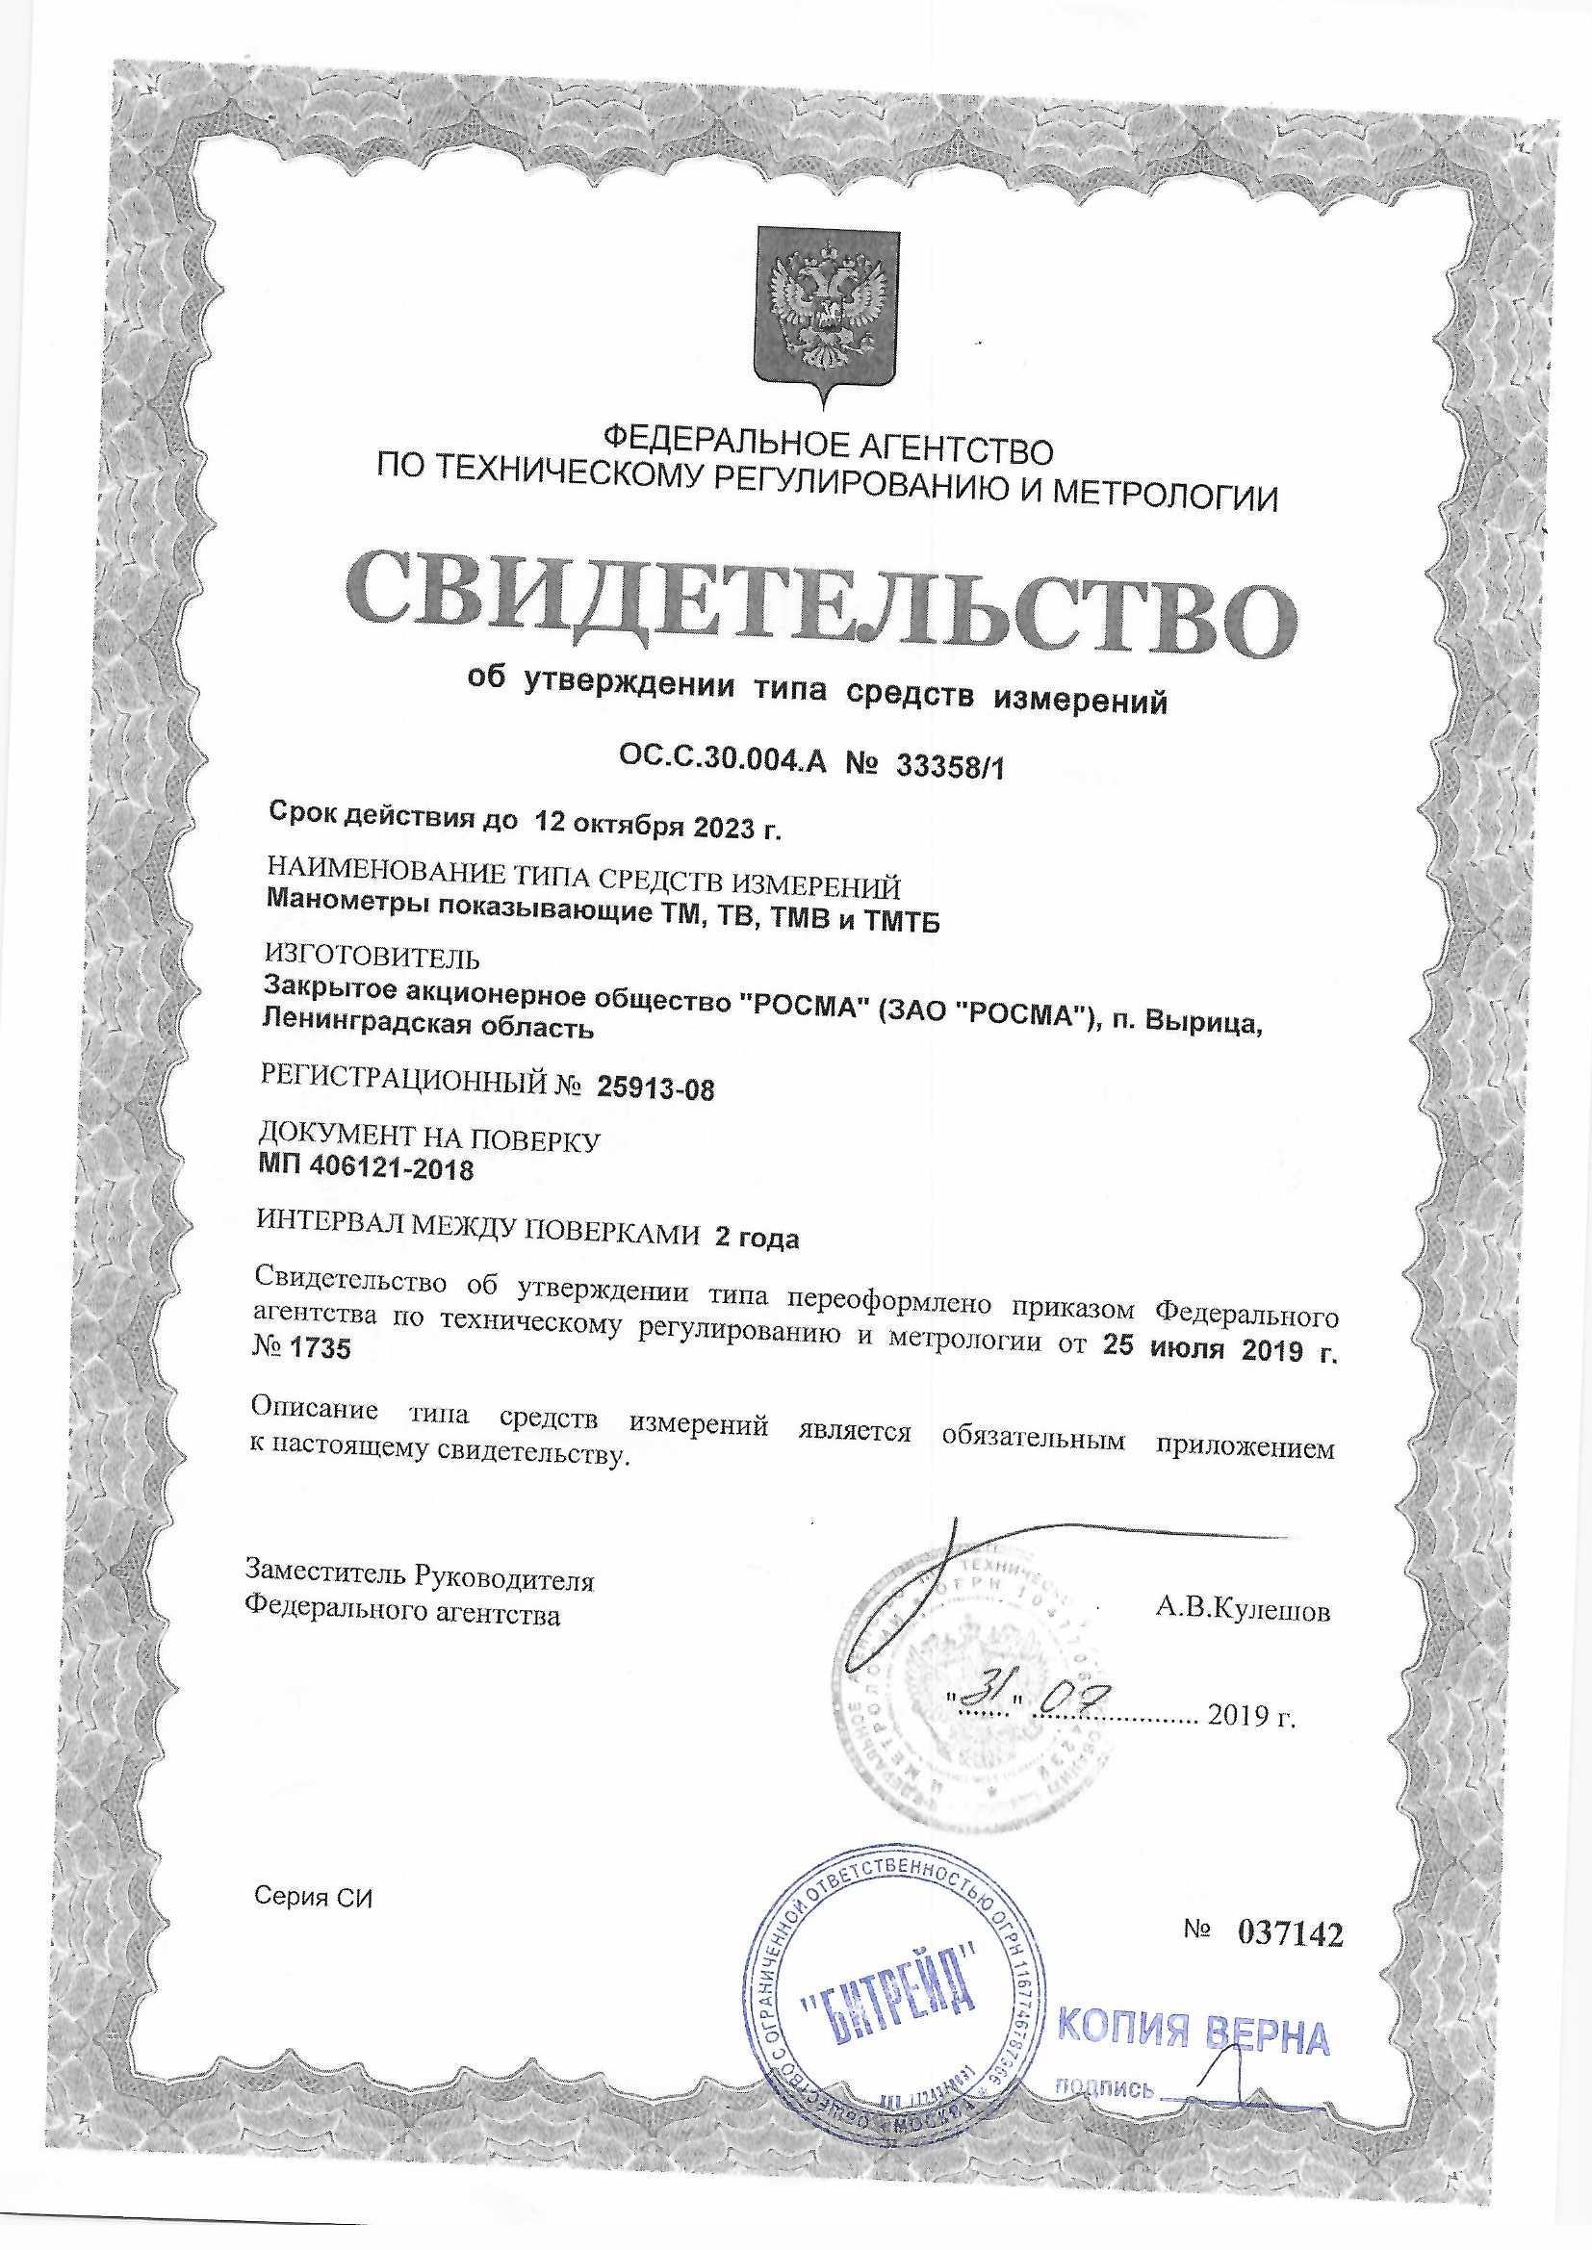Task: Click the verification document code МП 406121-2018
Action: pyautogui.click(x=366, y=1169)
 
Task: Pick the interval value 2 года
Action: pyautogui.click(x=757, y=1239)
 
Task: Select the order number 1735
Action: pyautogui.click(x=321, y=1349)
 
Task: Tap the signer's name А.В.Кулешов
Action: pyautogui.click(x=1243, y=1610)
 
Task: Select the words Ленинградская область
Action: pyautogui.click(x=427, y=1028)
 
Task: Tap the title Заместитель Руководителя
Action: pyautogui.click(x=420, y=1579)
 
